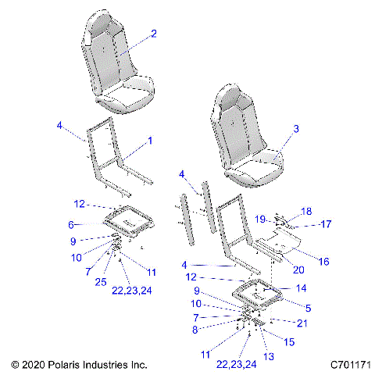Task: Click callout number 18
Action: pos(306,212)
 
